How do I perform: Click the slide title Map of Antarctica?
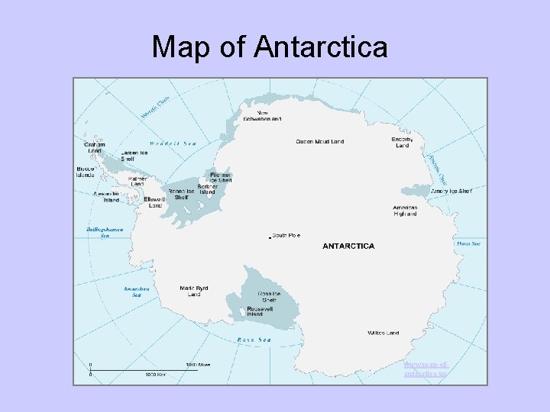pyautogui.click(x=270, y=47)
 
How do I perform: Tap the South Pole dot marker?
pyautogui.click(x=270, y=237)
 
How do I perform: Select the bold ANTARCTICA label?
pyautogui.click(x=348, y=246)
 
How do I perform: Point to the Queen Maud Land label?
pyautogui.click(x=320, y=141)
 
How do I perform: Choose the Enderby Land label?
pyautogui.click(x=402, y=143)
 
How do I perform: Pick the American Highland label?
pyautogui.click(x=405, y=211)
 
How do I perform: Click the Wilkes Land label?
pyautogui.click(x=383, y=333)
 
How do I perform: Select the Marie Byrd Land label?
pyautogui.click(x=193, y=291)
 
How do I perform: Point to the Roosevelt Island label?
pyautogui.click(x=254, y=311)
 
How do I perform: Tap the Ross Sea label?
pyautogui.click(x=254, y=340)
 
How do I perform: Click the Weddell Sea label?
pyautogui.click(x=173, y=143)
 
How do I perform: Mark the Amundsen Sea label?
pyautogui.click(x=136, y=291)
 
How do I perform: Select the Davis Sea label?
pyautogui.click(x=468, y=243)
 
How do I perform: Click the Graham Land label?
pyautogui.click(x=94, y=147)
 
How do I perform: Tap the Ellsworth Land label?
pyautogui.click(x=154, y=202)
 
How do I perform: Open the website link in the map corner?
pyautogui.click(x=425, y=369)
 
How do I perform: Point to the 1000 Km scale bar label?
pyautogui.click(x=156, y=375)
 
